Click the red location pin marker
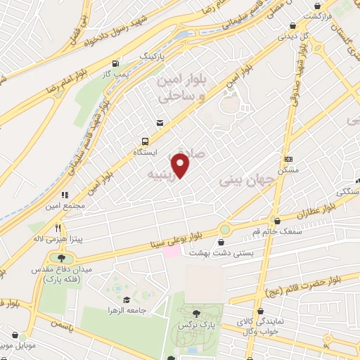click(181, 166)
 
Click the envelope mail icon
click(160, 124)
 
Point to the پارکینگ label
click(155, 54)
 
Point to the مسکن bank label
click(288, 170)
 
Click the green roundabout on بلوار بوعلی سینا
click(225, 229)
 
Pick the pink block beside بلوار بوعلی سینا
click(172, 251)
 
